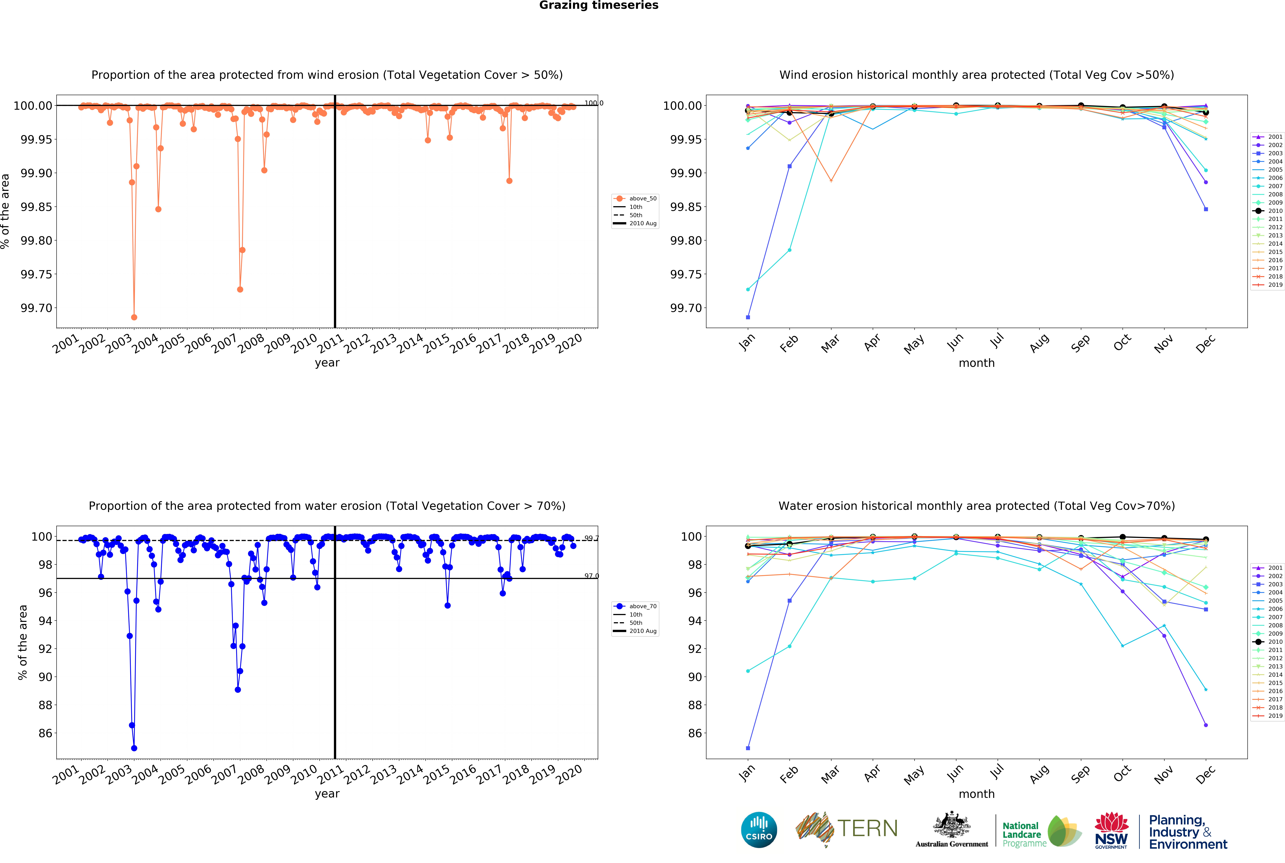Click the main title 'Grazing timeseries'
click(x=598, y=6)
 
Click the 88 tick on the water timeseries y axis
click(x=45, y=705)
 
